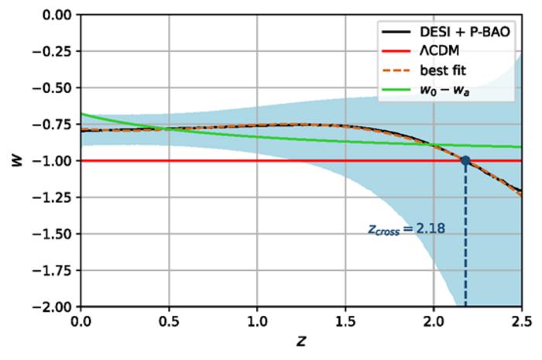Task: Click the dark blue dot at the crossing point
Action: coord(465,161)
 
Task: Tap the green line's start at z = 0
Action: coord(81,114)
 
